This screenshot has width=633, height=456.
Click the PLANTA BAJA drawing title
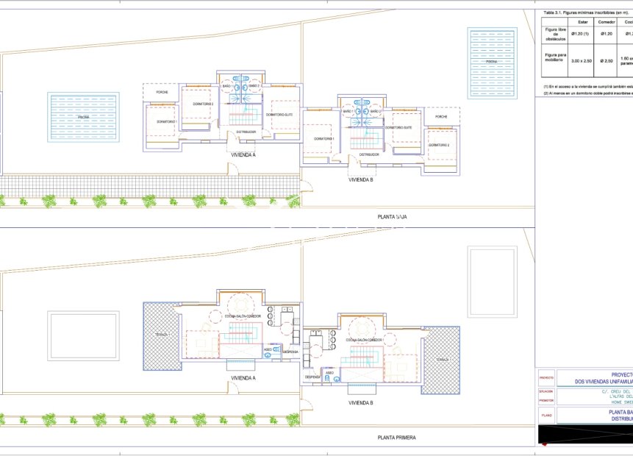[392, 218]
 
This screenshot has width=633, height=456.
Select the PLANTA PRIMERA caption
[396, 438]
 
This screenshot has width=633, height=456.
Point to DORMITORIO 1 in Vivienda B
[323, 138]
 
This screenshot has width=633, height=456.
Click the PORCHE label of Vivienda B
[441, 117]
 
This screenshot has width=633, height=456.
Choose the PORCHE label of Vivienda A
[162, 93]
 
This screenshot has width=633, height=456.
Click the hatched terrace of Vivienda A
[162, 335]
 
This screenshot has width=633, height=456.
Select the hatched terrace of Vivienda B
[441, 359]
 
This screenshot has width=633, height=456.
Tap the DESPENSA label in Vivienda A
[290, 352]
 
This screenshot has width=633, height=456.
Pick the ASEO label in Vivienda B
[330, 373]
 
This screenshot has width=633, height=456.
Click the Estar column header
[583, 22]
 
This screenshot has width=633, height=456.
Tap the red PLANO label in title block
[546, 415]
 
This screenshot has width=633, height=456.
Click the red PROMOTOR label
[546, 401]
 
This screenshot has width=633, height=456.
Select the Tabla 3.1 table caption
[581, 13]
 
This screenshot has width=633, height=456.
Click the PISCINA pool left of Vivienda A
[83, 117]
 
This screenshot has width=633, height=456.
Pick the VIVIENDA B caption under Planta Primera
[361, 403]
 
